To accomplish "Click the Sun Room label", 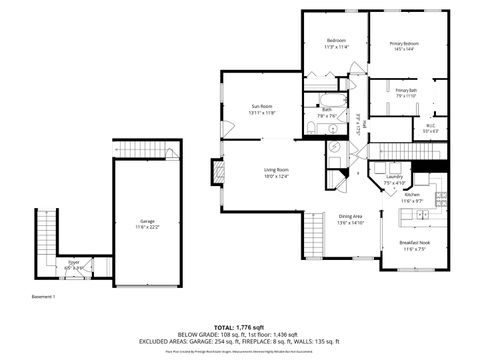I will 260,106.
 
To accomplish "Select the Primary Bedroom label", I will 404,44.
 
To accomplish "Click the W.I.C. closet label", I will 430,126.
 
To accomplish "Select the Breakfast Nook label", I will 414,243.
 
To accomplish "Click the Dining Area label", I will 350,217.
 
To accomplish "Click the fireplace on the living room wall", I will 216,174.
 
